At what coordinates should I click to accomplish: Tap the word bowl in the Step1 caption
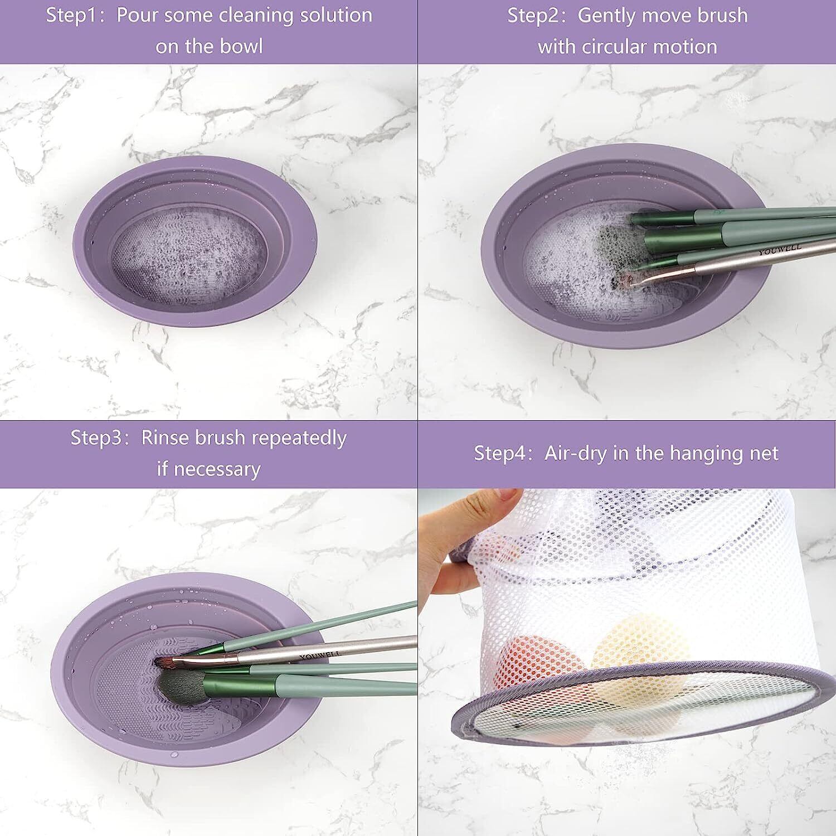[241, 46]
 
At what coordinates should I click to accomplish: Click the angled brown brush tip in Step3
[167, 662]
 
